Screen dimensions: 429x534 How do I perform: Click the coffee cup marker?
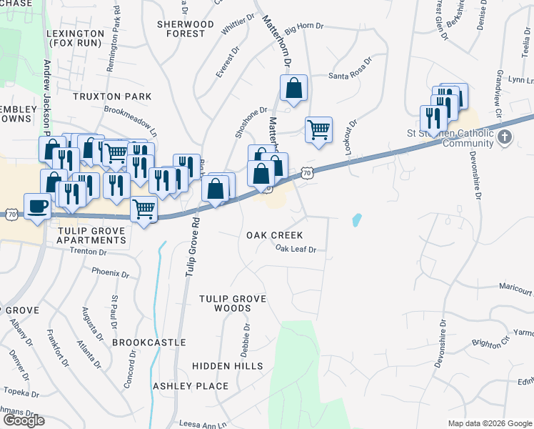[38, 207]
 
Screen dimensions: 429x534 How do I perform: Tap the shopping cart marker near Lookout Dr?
[318, 130]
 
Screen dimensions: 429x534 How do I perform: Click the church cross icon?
[505, 136]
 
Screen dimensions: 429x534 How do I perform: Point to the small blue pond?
[356, 220]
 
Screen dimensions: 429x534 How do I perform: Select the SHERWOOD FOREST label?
[186, 29]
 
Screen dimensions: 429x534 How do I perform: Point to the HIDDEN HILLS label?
[228, 366]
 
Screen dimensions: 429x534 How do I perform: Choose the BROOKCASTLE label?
[149, 343]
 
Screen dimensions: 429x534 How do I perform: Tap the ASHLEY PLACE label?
[191, 386]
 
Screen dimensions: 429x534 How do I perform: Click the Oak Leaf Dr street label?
[296, 250]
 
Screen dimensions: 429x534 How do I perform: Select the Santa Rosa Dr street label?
[351, 76]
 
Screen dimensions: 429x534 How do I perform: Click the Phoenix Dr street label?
[110, 272]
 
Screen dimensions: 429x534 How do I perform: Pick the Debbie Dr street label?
[246, 339]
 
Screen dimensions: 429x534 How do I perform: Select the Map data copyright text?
[489, 423]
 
